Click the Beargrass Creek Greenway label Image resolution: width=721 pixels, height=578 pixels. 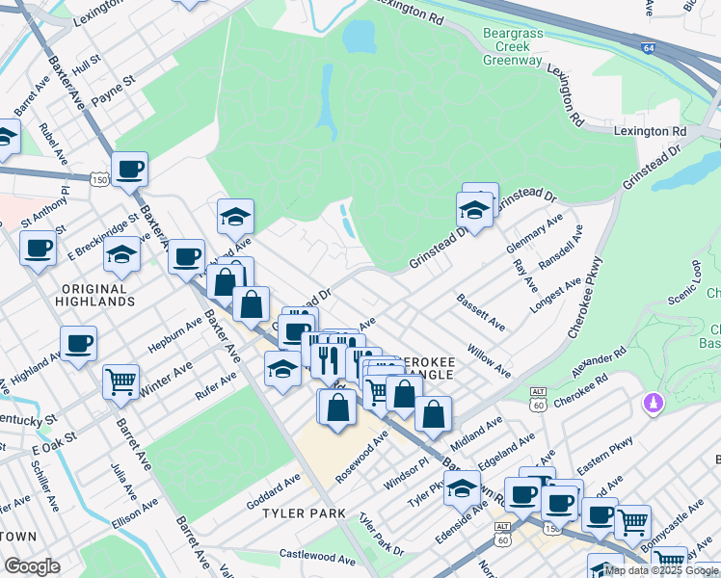pyautogui.click(x=513, y=46)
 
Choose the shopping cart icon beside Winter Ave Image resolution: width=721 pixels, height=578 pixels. pyautogui.click(x=120, y=381)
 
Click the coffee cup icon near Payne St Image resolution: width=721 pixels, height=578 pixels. pyautogui.click(x=128, y=170)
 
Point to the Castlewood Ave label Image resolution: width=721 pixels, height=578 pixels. pyautogui.click(x=317, y=557)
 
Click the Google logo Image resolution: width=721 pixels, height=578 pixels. pyautogui.click(x=32, y=566)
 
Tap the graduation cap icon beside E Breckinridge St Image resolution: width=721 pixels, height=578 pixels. pyautogui.click(x=121, y=255)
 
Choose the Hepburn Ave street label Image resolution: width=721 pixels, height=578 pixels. pyautogui.click(x=172, y=331)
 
